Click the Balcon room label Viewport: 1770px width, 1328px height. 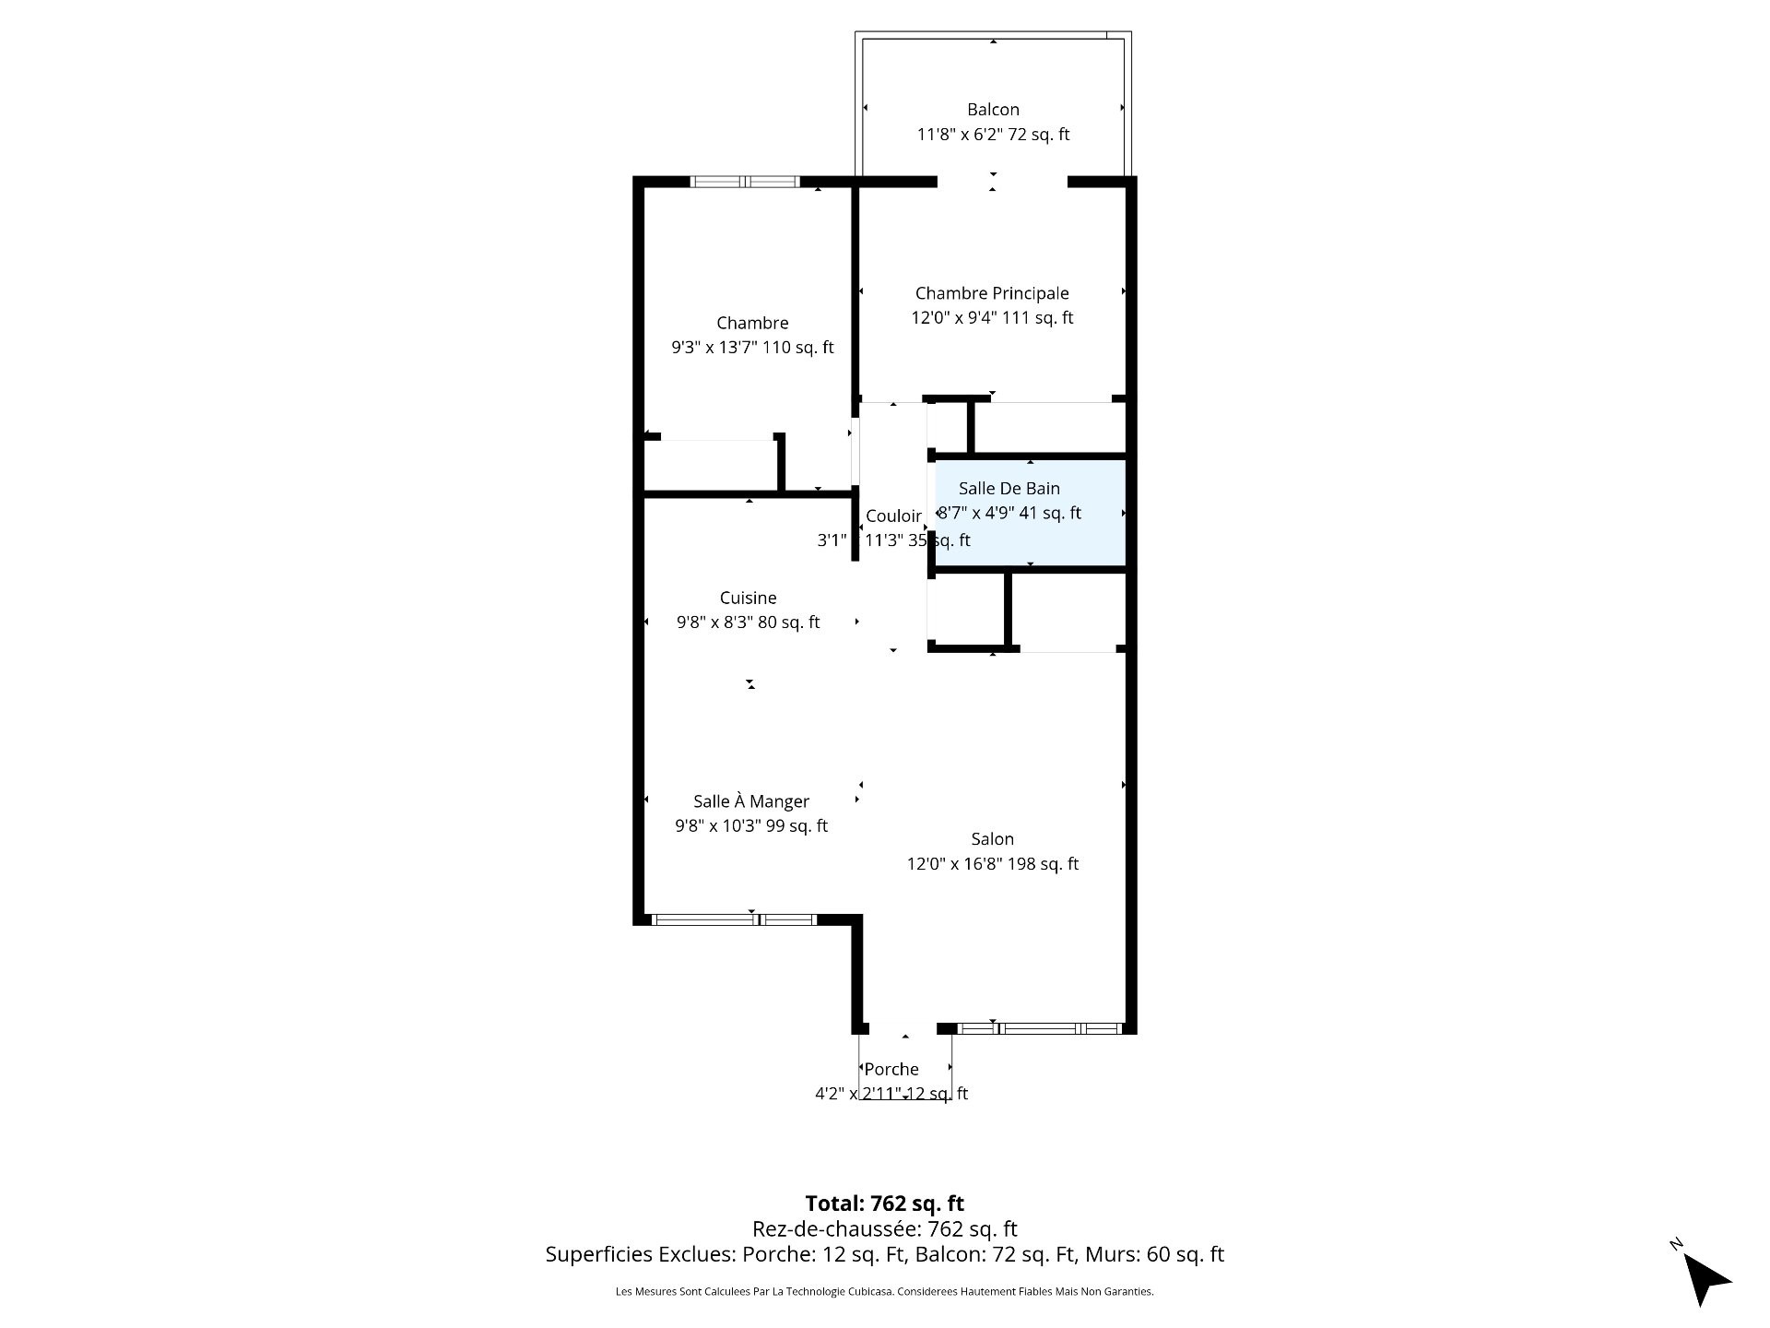[993, 110]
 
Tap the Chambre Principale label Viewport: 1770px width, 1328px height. [992, 293]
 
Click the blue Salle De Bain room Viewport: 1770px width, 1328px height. [1031, 513]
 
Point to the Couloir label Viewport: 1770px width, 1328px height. [893, 516]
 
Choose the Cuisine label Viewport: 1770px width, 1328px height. [749, 599]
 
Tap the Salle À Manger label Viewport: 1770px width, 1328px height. [751, 801]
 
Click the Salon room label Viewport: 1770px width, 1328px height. [992, 839]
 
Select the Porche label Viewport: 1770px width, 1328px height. [891, 1069]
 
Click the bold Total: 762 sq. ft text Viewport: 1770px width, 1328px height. [885, 1203]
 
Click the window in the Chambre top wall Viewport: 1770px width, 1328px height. [745, 182]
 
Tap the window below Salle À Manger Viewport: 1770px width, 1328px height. [734, 919]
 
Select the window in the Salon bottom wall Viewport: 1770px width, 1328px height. [1040, 1028]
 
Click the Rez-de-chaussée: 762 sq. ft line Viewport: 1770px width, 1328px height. [885, 1229]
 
